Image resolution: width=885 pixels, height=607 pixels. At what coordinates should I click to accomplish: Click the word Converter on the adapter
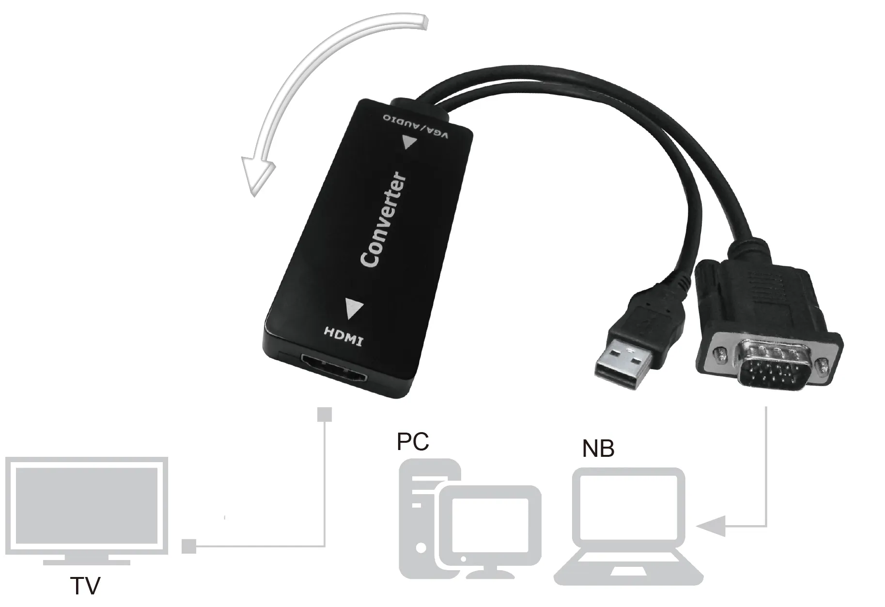[383, 219]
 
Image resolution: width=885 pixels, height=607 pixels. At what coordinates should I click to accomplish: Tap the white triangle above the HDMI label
[354, 308]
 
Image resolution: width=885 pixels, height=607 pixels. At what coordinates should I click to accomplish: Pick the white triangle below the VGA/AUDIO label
[408, 142]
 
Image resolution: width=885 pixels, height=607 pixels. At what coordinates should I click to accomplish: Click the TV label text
[85, 585]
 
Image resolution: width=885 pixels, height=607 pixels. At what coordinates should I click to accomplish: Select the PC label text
[413, 441]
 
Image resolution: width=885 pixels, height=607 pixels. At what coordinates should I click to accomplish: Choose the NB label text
[598, 449]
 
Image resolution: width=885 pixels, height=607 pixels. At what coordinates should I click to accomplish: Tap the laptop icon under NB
[629, 527]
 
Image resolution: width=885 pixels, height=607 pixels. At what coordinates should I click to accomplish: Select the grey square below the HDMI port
[324, 415]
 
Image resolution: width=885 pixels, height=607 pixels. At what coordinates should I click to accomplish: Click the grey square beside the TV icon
[189, 546]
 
